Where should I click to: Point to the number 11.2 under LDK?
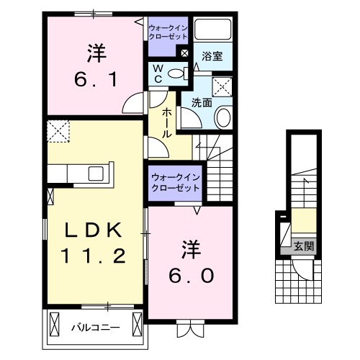[96, 255]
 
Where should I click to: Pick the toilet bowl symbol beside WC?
[182, 73]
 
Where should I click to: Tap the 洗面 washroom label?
[201, 102]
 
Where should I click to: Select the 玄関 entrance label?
[303, 247]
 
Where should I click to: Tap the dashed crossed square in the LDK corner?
[57, 132]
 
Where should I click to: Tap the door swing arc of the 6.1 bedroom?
[134, 106]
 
